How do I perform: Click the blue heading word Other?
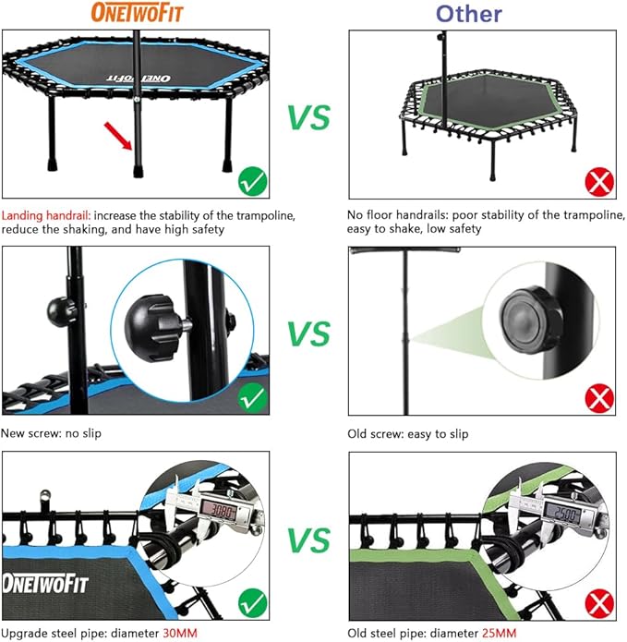[x=469, y=13]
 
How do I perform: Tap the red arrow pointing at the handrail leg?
[x=118, y=137]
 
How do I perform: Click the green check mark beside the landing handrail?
[x=251, y=181]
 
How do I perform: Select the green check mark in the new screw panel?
[x=251, y=399]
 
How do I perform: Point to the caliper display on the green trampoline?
[x=563, y=510]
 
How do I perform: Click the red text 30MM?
[x=175, y=634]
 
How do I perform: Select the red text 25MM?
[x=495, y=634]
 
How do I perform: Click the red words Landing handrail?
[x=43, y=214]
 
